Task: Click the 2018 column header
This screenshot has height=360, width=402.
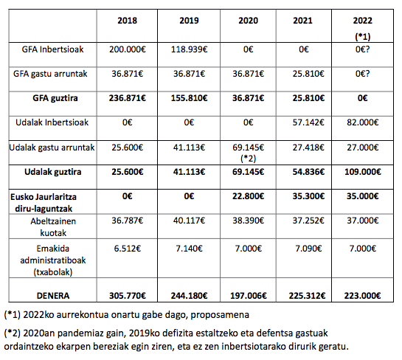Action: [x=127, y=21]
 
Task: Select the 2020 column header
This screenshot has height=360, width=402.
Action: [x=248, y=21]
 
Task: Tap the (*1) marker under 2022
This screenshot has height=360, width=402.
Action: [x=362, y=37]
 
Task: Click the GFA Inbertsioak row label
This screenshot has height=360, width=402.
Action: [x=52, y=49]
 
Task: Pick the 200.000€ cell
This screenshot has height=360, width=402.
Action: [x=128, y=49]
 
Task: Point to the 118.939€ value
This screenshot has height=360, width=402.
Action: [x=190, y=49]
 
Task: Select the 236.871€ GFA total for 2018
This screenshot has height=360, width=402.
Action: [x=128, y=98]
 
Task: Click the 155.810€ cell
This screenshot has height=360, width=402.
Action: [x=190, y=98]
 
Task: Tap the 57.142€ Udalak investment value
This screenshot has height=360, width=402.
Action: [x=308, y=122]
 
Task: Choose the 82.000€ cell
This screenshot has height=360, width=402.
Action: [x=362, y=122]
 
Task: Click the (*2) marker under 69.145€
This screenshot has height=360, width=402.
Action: [x=248, y=159]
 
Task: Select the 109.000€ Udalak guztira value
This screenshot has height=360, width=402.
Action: [x=362, y=172]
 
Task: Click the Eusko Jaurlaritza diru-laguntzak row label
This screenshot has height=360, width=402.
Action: [x=44, y=203]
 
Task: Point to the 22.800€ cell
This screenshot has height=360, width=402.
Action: [x=248, y=196]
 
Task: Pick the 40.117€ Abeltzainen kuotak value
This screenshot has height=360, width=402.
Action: [x=190, y=221]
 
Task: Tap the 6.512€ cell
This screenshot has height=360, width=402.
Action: [x=128, y=249]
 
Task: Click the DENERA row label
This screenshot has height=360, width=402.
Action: [x=53, y=296]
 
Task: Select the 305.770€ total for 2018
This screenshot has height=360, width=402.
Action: [x=128, y=296]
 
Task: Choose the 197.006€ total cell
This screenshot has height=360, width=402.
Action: [x=248, y=296]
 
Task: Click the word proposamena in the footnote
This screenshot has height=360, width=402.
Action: [x=220, y=315]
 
